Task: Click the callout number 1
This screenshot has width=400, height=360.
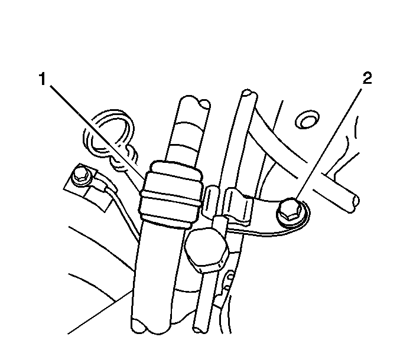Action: coord(43,79)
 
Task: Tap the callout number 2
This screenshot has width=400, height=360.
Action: coord(367,78)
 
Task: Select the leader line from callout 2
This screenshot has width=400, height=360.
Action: coord(329,143)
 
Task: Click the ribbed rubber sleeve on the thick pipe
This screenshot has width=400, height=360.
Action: coord(170,194)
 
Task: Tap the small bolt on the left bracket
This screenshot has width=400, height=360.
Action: coord(81,176)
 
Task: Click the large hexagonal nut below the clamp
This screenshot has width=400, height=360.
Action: coord(206,250)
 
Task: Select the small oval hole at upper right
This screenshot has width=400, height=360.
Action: coord(307,120)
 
